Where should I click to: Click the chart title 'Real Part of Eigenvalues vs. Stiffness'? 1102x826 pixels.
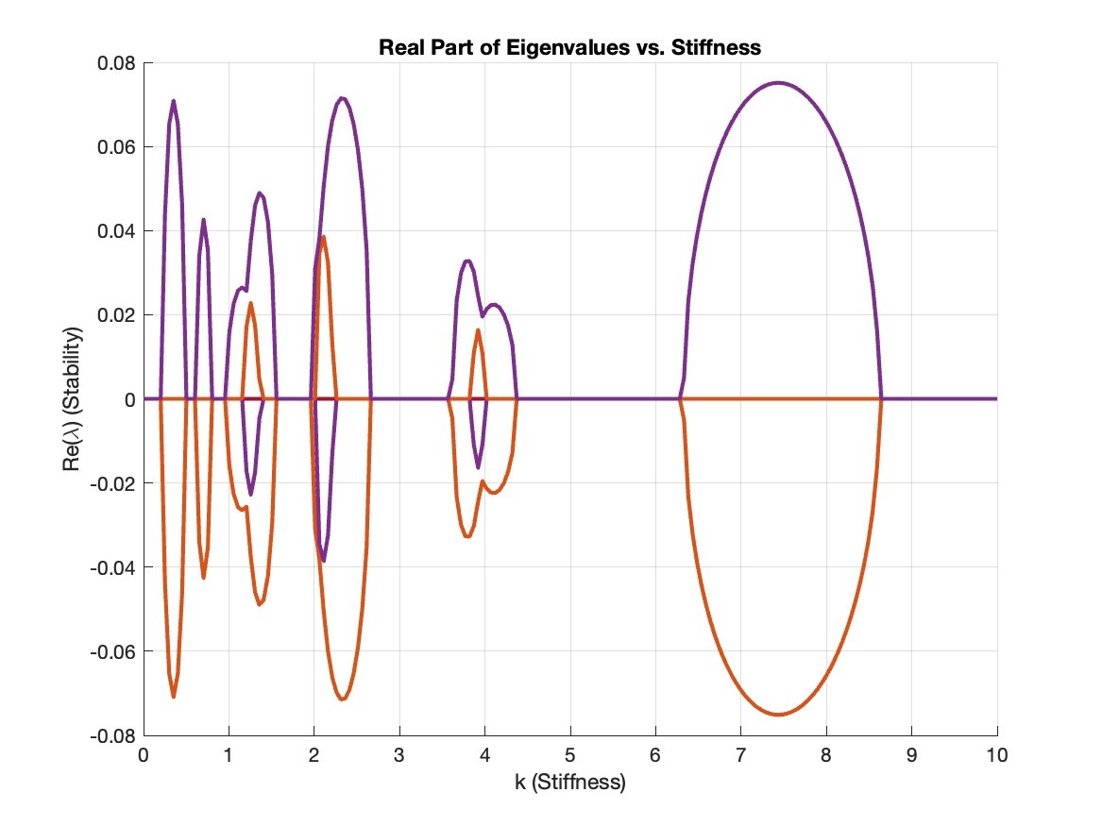click(x=569, y=47)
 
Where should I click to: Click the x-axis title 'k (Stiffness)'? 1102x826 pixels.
click(x=569, y=784)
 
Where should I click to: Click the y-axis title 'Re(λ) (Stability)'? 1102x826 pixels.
click(x=73, y=399)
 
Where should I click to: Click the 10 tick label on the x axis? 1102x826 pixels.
click(x=997, y=755)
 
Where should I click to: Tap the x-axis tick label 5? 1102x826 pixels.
click(x=570, y=755)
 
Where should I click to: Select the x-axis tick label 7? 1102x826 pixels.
click(x=741, y=755)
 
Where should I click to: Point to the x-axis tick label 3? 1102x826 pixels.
click(x=399, y=755)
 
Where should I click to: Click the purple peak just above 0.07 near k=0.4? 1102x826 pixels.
click(x=174, y=101)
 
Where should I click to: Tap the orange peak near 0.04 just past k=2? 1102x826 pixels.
click(x=324, y=237)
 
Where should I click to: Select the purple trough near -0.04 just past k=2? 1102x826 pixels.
click(x=324, y=561)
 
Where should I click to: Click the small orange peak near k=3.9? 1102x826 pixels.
click(x=478, y=329)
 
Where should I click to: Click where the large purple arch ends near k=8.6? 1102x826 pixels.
click(x=881, y=398)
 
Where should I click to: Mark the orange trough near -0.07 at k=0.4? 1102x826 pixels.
click(x=174, y=697)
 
